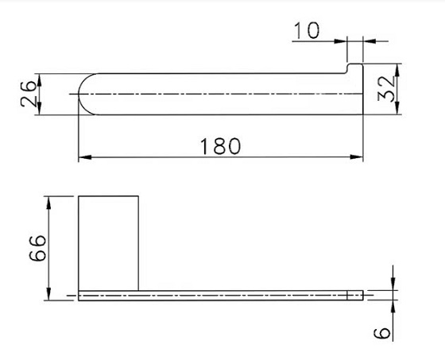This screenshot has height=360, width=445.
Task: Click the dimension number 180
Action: pos(220,145)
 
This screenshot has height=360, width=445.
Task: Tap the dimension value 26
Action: pos(28,95)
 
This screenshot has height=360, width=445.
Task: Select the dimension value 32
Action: pos(387,87)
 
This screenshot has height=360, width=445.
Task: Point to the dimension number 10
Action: pos(305,31)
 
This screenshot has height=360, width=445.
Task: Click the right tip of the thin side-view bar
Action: pos(362,296)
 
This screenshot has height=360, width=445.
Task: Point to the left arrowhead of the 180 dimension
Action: pos(82,157)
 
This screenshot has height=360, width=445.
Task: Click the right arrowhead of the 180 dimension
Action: pos(358,157)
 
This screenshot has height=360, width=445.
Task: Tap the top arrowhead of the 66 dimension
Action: pos(51,199)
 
